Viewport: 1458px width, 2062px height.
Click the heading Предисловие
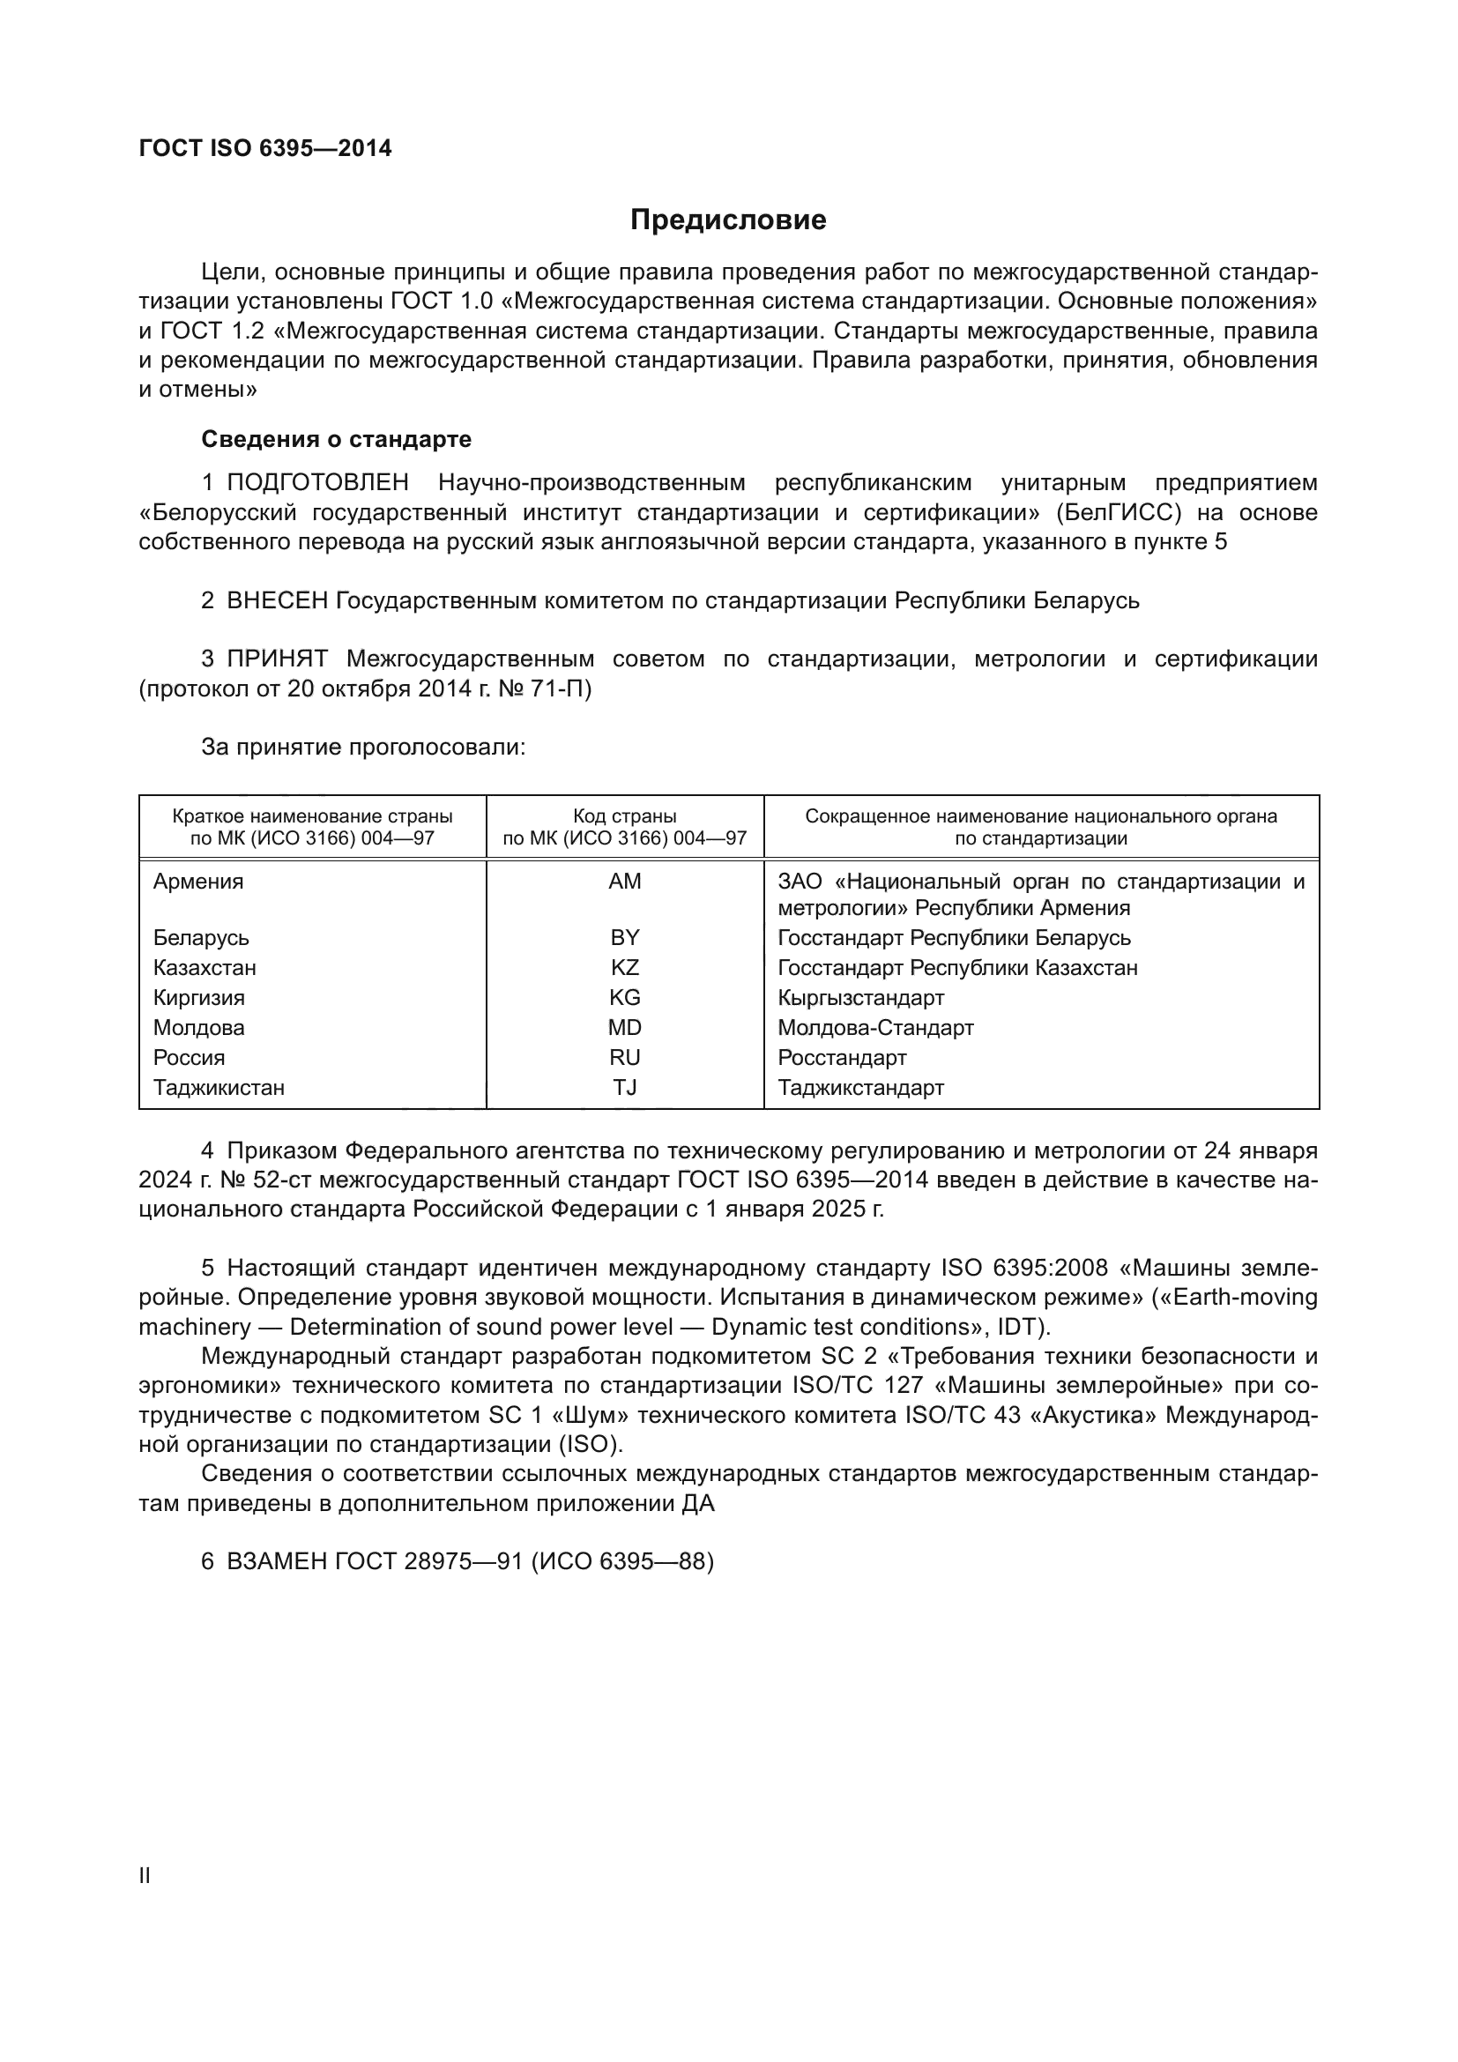tap(727, 220)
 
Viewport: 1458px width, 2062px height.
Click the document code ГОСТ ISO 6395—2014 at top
tap(265, 148)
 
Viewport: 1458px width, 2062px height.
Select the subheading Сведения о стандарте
tap(336, 439)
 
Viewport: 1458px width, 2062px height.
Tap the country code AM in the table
tap(625, 881)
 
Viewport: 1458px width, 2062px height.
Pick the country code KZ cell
tap(625, 967)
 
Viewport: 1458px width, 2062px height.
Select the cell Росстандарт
tap(841, 1057)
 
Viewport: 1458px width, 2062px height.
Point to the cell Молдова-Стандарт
tap(874, 1027)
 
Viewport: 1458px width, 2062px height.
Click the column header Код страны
tap(625, 816)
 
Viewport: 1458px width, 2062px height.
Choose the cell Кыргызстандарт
tap(860, 998)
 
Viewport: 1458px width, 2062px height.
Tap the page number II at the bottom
tap(145, 1876)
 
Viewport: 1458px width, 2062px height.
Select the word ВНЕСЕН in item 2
tap(277, 600)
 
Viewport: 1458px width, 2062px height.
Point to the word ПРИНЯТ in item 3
tap(277, 659)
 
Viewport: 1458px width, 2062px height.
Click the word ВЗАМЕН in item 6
tap(277, 1562)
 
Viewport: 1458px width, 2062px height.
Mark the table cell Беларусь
tap(201, 938)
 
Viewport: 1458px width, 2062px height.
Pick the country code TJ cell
tap(625, 1088)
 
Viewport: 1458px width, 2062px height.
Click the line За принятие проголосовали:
tap(362, 748)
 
